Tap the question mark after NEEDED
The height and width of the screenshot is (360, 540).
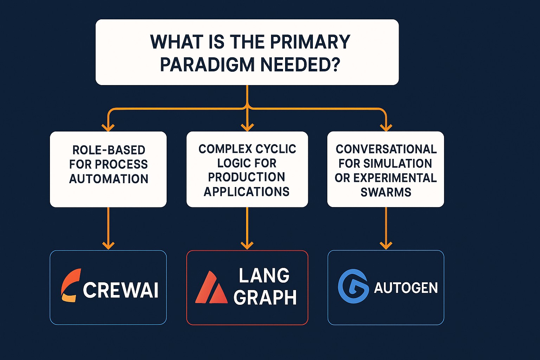click(335, 65)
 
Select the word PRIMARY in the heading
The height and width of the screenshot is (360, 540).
click(310, 42)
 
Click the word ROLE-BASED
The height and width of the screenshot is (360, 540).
click(109, 150)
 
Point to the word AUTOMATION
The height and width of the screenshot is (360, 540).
click(109, 179)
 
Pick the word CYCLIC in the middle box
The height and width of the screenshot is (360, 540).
click(276, 149)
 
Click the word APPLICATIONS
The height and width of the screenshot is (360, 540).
click(246, 192)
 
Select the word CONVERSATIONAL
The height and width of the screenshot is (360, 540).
click(386, 149)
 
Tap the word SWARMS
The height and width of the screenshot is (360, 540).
click(386, 192)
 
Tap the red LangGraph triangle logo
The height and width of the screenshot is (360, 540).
click(211, 288)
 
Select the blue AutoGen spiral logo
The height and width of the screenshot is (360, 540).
click(353, 286)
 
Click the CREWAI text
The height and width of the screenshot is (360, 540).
click(121, 290)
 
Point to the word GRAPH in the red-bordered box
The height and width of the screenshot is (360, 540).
click(265, 298)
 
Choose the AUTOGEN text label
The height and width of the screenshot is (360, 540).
click(406, 288)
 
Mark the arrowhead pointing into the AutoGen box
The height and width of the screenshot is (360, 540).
click(386, 245)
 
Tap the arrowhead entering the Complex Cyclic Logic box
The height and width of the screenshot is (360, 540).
click(247, 127)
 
